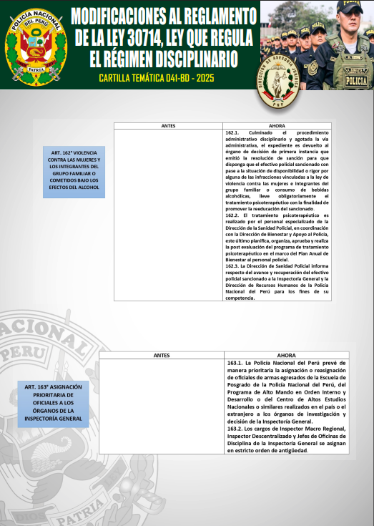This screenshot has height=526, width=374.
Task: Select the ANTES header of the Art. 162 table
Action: [169, 125]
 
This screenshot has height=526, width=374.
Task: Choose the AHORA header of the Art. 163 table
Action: [287, 356]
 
